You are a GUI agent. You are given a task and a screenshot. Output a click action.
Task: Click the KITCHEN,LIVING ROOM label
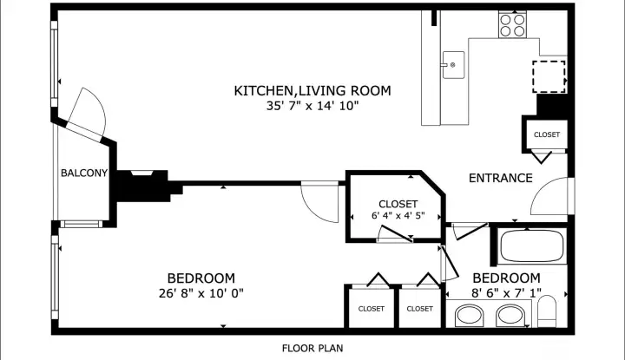pos(312,90)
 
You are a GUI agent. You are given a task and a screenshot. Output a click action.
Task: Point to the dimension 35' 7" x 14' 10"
pos(312,106)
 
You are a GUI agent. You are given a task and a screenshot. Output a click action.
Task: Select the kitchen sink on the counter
pos(452,64)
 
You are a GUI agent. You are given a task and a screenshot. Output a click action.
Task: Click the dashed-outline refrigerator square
pos(548,76)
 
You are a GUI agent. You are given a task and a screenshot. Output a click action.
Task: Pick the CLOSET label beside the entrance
pos(546,134)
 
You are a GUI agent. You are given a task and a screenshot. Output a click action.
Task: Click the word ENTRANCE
pos(500,179)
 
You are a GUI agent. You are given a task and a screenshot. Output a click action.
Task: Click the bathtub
pos(531,247)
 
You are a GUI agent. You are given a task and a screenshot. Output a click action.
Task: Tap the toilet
pos(547,312)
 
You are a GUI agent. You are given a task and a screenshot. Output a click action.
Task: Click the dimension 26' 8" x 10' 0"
pos(201,293)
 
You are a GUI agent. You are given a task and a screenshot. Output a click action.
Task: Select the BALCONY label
pos(83,173)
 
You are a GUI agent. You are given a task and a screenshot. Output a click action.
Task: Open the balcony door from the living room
pos(86,113)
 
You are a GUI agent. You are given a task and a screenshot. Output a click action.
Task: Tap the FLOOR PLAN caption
pos(312,348)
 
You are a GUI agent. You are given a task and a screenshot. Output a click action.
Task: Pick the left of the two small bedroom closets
pos(372,308)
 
